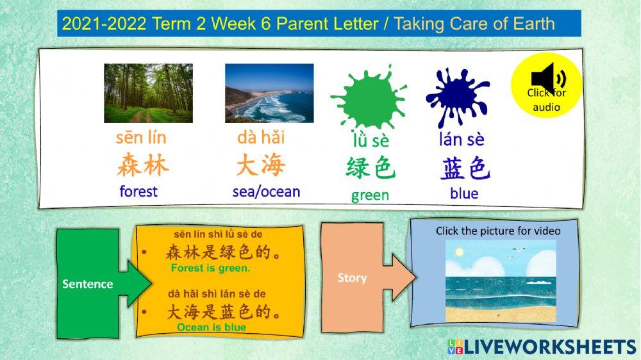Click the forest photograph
click(x=148, y=94)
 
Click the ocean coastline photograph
click(x=269, y=94)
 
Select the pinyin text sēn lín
click(x=141, y=137)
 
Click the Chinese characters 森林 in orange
click(x=142, y=165)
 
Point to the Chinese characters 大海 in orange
click(x=260, y=165)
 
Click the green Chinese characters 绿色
click(x=370, y=168)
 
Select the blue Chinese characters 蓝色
click(x=465, y=168)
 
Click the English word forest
click(x=138, y=192)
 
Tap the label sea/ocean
click(x=266, y=192)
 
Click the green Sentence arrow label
click(x=88, y=284)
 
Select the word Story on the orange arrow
click(x=352, y=277)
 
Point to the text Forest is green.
click(x=210, y=268)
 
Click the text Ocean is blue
click(x=211, y=327)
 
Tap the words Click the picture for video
click(x=498, y=231)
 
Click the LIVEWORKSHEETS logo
click(x=542, y=347)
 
